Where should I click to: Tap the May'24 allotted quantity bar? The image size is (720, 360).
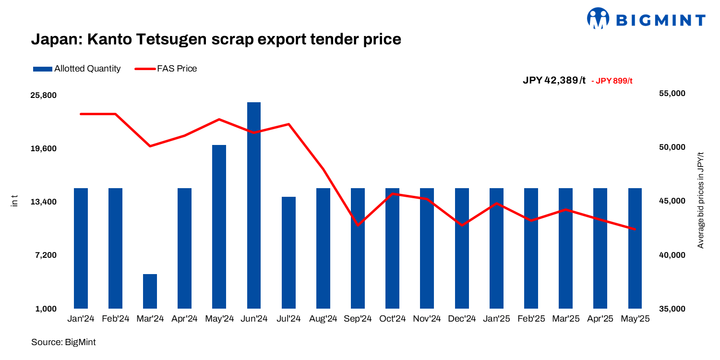219,226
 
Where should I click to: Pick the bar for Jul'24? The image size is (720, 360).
288,252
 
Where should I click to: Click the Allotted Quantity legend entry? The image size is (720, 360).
77,69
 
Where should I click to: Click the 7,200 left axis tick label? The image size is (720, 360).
46,255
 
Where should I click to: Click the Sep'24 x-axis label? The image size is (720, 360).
358,319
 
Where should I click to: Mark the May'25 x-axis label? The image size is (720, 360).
635,319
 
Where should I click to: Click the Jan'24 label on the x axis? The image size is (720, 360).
81,319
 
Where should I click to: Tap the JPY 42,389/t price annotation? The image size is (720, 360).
554,81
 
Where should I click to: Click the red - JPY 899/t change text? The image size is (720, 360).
612,81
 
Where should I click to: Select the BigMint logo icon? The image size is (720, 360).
598,19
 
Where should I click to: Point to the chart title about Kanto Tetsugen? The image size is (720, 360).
216,39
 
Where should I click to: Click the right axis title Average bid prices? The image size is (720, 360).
700,200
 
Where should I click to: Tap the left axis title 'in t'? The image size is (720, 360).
14,201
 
